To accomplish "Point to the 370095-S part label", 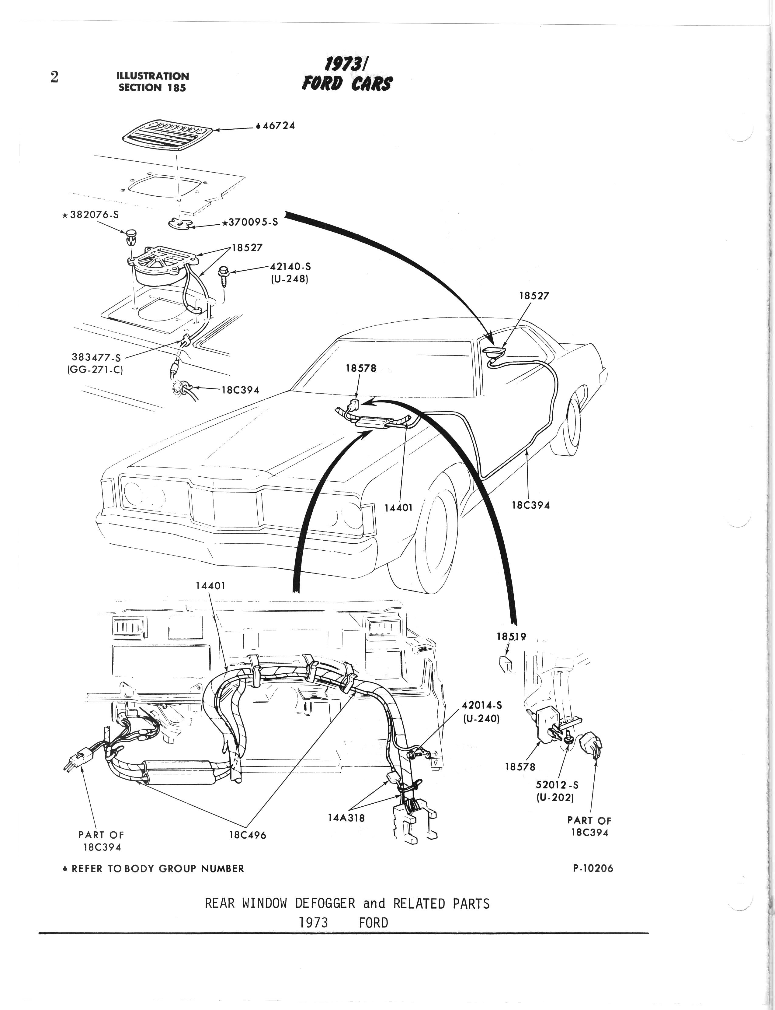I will click(252, 222).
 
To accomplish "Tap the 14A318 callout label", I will click(346, 818).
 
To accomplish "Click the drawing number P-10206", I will click(593, 868).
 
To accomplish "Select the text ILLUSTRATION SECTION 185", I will click(153, 82).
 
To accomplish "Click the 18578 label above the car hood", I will click(361, 368).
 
